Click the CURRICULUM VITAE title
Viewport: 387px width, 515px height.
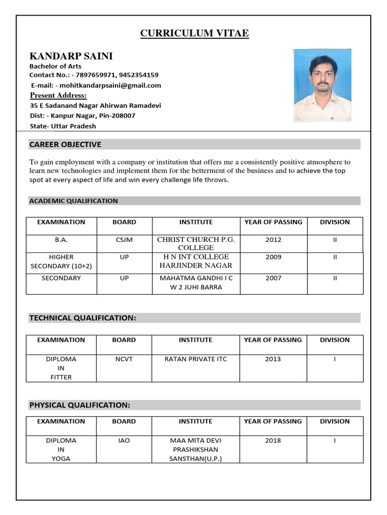point(194,34)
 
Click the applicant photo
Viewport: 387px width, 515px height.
point(322,85)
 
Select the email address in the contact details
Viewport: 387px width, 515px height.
point(108,85)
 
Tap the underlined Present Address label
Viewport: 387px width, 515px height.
point(58,96)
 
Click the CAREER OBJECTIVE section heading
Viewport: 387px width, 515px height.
point(65,144)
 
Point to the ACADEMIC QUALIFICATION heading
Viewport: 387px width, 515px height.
point(74,201)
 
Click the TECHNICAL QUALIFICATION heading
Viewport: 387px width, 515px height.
point(83,318)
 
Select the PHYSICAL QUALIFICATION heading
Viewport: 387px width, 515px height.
point(80,405)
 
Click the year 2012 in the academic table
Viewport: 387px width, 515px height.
point(273,240)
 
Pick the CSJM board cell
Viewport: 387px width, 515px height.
point(124,240)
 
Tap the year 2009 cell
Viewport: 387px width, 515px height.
point(273,257)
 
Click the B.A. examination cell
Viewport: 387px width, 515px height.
point(61,240)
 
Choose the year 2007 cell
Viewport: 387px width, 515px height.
point(273,278)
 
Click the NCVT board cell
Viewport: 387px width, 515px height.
point(124,359)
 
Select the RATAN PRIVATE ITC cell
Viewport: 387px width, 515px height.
point(196,359)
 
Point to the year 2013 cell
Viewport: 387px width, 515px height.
point(273,359)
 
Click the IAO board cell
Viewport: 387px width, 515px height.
point(124,441)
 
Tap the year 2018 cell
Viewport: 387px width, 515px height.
point(273,441)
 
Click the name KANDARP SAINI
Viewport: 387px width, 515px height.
point(71,56)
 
